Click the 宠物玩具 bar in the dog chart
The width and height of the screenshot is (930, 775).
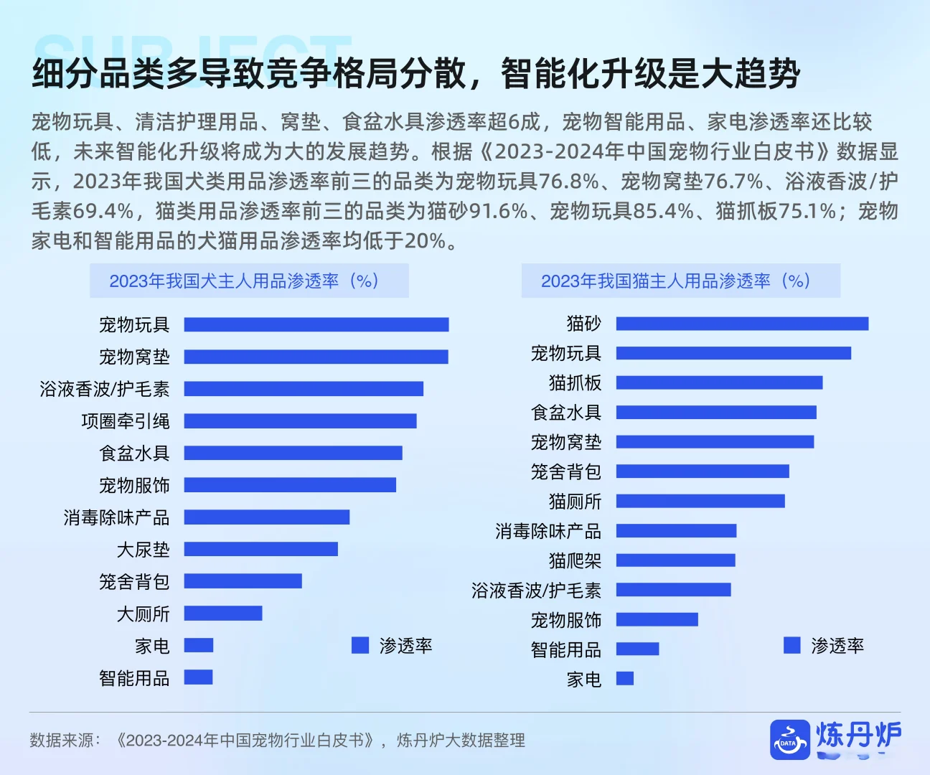(316, 325)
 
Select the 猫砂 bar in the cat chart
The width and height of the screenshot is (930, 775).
(742, 324)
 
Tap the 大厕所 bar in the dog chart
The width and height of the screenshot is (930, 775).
(223, 614)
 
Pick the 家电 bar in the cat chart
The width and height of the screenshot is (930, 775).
(624, 678)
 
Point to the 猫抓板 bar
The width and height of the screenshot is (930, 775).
(719, 382)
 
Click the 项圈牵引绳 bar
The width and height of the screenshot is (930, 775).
(300, 421)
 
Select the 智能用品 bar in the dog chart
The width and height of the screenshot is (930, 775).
(198, 677)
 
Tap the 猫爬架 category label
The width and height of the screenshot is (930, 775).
(575, 560)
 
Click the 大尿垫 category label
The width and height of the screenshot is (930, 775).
(143, 550)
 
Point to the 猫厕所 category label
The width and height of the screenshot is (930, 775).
(575, 501)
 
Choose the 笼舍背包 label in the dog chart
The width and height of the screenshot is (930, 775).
(134, 581)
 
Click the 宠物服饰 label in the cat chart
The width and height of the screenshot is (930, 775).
(565, 620)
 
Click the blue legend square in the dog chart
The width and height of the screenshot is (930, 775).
(360, 645)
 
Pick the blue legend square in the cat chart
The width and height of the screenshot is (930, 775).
(792, 645)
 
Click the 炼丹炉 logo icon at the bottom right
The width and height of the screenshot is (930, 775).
(789, 739)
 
